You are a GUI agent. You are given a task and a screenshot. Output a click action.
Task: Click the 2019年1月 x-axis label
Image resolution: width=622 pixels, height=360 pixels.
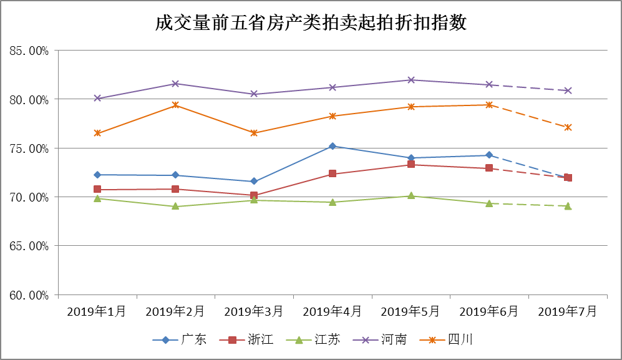coord(97,311)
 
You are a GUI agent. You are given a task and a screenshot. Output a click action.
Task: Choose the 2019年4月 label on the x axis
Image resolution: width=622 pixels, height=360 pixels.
coord(332,311)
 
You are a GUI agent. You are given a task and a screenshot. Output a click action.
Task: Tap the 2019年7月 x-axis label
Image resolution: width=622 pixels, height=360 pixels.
coord(567,311)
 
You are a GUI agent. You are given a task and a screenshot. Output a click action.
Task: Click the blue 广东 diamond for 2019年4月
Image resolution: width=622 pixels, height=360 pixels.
coord(333,146)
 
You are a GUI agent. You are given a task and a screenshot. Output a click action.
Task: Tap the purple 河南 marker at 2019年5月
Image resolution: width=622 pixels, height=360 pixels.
coord(411,80)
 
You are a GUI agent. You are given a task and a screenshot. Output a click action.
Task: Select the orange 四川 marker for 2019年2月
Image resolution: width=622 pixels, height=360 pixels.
coord(176,105)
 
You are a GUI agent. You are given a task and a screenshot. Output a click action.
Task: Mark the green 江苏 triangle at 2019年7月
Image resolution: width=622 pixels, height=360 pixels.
coord(568,206)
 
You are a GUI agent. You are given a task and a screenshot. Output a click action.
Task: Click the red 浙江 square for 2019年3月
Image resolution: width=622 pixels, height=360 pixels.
coord(254,195)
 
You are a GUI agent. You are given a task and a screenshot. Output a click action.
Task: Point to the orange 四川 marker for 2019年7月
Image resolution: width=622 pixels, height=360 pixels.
coord(568,127)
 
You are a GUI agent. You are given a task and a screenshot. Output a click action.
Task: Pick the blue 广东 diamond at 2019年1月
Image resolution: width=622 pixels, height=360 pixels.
coord(97,175)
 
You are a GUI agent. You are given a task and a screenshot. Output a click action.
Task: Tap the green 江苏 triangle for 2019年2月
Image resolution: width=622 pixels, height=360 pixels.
coord(176,206)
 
